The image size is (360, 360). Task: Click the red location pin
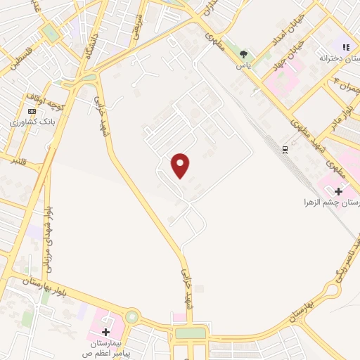pos(181,166)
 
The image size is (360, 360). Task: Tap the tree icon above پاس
pos(243,54)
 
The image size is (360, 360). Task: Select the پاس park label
pos(243,65)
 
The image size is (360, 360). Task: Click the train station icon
pos(285,150)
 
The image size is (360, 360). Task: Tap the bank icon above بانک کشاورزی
pos(31,111)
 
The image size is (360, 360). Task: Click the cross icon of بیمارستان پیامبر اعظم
pos(105,331)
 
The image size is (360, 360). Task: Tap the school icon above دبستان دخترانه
pos(345,46)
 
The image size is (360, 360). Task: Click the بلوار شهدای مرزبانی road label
pos(48,239)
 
